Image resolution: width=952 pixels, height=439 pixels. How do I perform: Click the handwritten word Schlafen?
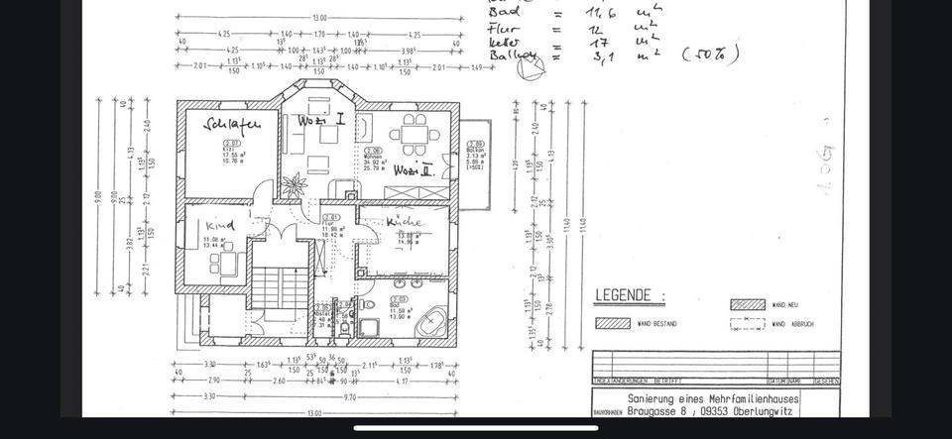[x=232, y=125]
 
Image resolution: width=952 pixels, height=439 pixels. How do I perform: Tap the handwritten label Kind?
[x=220, y=225]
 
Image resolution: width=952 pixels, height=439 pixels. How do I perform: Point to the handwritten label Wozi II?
[x=413, y=170]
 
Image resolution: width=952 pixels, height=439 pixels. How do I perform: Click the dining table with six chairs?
[x=411, y=132]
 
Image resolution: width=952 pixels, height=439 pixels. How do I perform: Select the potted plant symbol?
[x=294, y=185]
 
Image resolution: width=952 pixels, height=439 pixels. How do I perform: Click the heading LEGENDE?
[x=623, y=295]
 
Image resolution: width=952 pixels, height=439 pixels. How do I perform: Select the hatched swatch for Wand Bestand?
[x=615, y=323]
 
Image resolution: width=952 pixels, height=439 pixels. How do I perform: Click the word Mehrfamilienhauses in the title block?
[x=751, y=398]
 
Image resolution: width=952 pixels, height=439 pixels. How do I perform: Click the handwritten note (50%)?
[x=710, y=55]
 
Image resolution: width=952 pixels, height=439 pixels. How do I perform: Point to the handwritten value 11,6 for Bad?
[x=602, y=11]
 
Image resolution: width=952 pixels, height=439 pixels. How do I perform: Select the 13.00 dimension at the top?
[x=319, y=18]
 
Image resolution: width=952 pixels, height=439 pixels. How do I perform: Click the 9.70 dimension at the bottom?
[x=352, y=395]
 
